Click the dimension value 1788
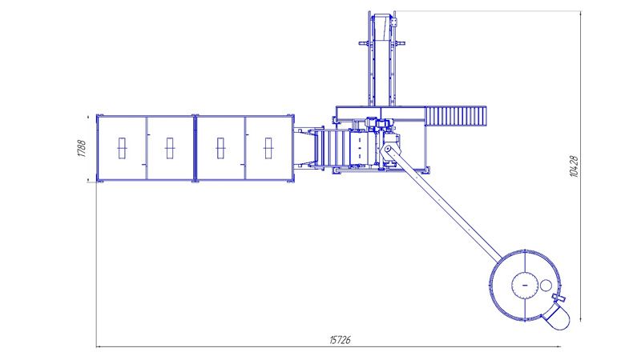click(82, 149)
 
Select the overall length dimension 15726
click(340, 339)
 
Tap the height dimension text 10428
click(574, 166)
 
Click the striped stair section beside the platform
click(456, 116)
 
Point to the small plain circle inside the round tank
click(546, 286)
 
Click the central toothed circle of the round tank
click(525, 285)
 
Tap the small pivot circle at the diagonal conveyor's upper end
click(387, 149)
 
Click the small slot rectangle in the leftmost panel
click(122, 148)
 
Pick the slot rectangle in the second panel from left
click(170, 148)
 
